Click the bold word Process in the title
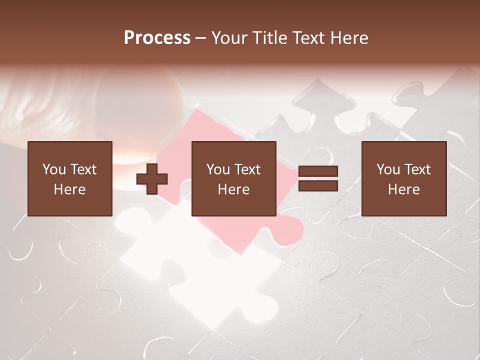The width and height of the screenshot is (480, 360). coord(157,38)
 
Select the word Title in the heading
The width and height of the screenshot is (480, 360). coord(270,38)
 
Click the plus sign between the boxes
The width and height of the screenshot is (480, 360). coord(152,179)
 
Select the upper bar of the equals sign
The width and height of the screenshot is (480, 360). coord(318,171)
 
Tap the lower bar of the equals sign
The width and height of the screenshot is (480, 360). coord(318,186)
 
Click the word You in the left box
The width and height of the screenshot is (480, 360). coord(54,169)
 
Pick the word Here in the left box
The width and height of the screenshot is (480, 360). coord(69,189)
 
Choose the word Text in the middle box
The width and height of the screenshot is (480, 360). coord(247,169)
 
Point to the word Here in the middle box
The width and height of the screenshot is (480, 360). coord(233,189)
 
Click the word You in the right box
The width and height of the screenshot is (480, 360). coord(388,169)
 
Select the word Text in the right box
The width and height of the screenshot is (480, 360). coord(417,169)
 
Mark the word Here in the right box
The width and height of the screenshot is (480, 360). coord(403,189)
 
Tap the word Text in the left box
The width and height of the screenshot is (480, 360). coord(83,169)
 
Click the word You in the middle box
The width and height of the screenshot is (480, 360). coord(218,169)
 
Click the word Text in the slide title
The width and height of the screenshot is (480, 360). coord(308,38)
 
